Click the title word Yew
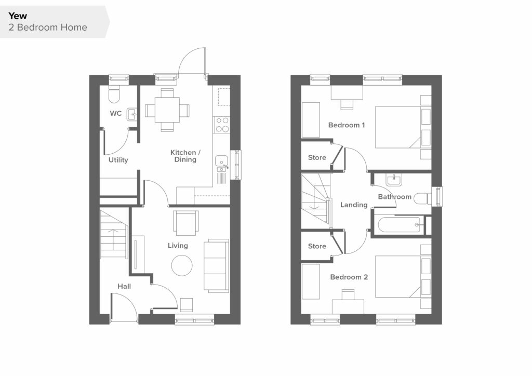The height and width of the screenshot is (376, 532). [x=18, y=16]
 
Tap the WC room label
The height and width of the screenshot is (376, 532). [x=116, y=113]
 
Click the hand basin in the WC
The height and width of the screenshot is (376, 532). [x=132, y=115]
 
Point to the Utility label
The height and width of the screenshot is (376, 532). [x=118, y=159]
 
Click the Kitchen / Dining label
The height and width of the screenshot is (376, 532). [x=185, y=156]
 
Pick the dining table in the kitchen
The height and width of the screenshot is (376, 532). [x=167, y=110]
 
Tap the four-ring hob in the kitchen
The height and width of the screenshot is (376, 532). [x=222, y=125]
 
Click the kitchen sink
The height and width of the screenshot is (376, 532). [x=221, y=164]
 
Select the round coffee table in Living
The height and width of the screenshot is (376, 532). [x=182, y=265]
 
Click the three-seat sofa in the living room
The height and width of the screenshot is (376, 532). [x=216, y=265]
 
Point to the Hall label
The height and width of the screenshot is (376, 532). [x=124, y=287]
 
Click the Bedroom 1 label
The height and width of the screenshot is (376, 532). [x=347, y=125]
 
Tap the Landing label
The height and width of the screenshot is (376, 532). [x=354, y=205]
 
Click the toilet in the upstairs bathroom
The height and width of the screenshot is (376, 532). [x=422, y=198]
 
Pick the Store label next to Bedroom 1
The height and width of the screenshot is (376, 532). [x=317, y=158]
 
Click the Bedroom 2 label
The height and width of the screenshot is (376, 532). [x=349, y=277]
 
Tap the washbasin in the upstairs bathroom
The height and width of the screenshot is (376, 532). [x=394, y=180]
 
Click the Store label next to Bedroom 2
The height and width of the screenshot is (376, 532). [x=317, y=246]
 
